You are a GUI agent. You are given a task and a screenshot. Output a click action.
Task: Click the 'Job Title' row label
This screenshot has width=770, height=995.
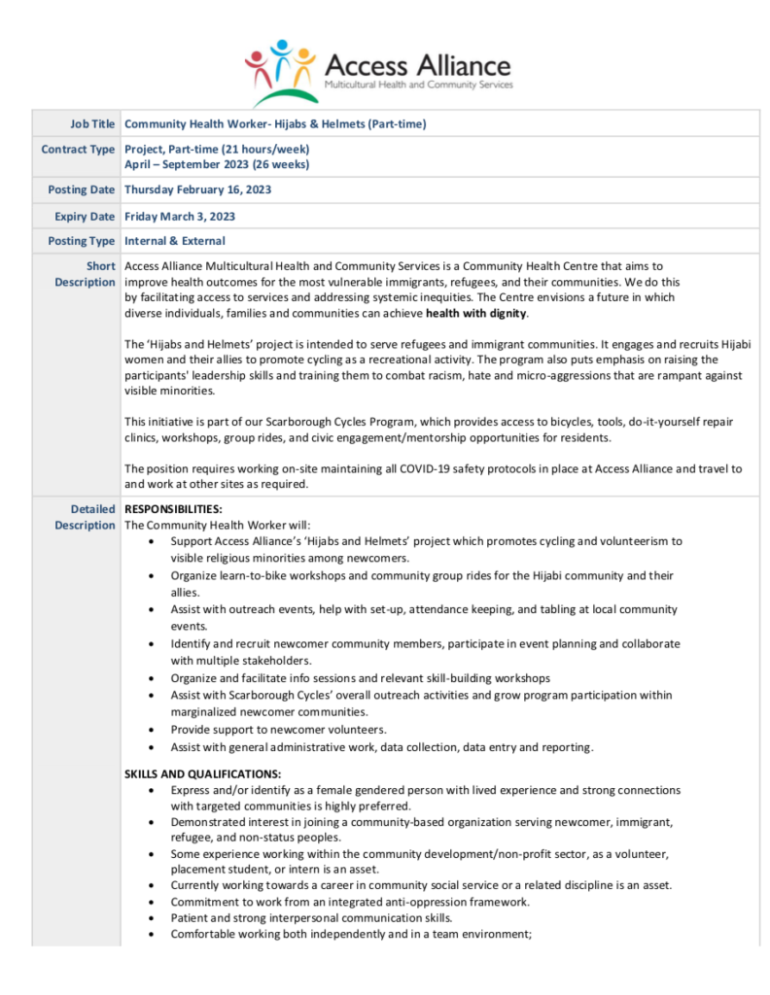point(92,124)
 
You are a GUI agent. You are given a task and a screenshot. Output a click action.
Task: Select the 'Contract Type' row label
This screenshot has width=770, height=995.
point(78,150)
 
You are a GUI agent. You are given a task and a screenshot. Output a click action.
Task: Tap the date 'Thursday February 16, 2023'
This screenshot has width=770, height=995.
point(197,189)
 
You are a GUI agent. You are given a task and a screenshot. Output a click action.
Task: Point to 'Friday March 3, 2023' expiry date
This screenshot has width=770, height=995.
point(180,216)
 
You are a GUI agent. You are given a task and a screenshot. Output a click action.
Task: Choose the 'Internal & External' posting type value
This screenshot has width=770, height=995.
point(175,241)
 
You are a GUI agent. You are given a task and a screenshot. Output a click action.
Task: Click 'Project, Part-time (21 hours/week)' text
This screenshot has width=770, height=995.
point(218,150)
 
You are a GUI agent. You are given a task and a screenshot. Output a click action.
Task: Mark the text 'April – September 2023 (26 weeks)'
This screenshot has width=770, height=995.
point(218,164)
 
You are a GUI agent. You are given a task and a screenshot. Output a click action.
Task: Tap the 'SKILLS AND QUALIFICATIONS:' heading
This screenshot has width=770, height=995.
point(202,774)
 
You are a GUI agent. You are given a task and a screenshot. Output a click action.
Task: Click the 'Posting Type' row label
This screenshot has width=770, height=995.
point(82,241)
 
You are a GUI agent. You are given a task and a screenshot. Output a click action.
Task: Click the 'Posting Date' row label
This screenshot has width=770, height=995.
point(82,189)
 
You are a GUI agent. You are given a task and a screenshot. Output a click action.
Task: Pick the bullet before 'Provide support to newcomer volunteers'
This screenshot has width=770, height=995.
point(149,730)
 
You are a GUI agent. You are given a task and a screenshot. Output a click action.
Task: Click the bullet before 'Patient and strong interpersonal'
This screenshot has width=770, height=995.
point(149,918)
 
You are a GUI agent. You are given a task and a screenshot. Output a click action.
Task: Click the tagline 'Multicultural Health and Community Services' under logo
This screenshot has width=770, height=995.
point(418,86)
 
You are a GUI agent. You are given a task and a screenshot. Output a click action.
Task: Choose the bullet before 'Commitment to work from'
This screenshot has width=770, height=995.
point(149,902)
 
